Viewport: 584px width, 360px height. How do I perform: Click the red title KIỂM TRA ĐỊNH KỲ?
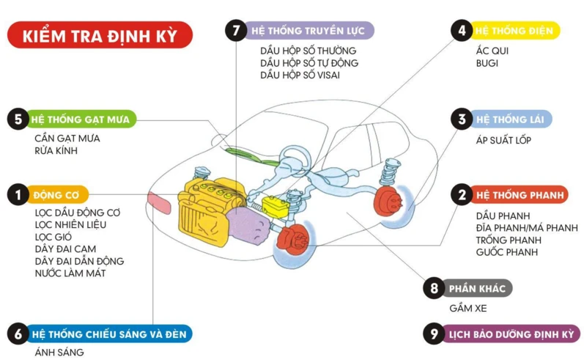[x=100, y=35]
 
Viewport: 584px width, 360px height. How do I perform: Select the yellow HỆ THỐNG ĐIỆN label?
[x=515, y=32]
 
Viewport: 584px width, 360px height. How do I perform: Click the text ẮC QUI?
[x=492, y=51]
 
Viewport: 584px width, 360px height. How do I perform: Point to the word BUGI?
[x=487, y=63]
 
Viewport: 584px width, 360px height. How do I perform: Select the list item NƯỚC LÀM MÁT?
[x=70, y=273]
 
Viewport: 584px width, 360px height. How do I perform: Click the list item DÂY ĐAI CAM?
[x=64, y=249]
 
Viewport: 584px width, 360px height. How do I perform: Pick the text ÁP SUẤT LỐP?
[x=503, y=140]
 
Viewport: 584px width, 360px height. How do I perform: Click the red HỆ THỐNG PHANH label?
[x=520, y=195]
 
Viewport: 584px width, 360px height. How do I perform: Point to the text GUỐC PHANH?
[x=506, y=252]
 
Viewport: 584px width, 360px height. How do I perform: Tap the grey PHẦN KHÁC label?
[x=477, y=289]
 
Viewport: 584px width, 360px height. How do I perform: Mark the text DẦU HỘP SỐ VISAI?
[x=300, y=75]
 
